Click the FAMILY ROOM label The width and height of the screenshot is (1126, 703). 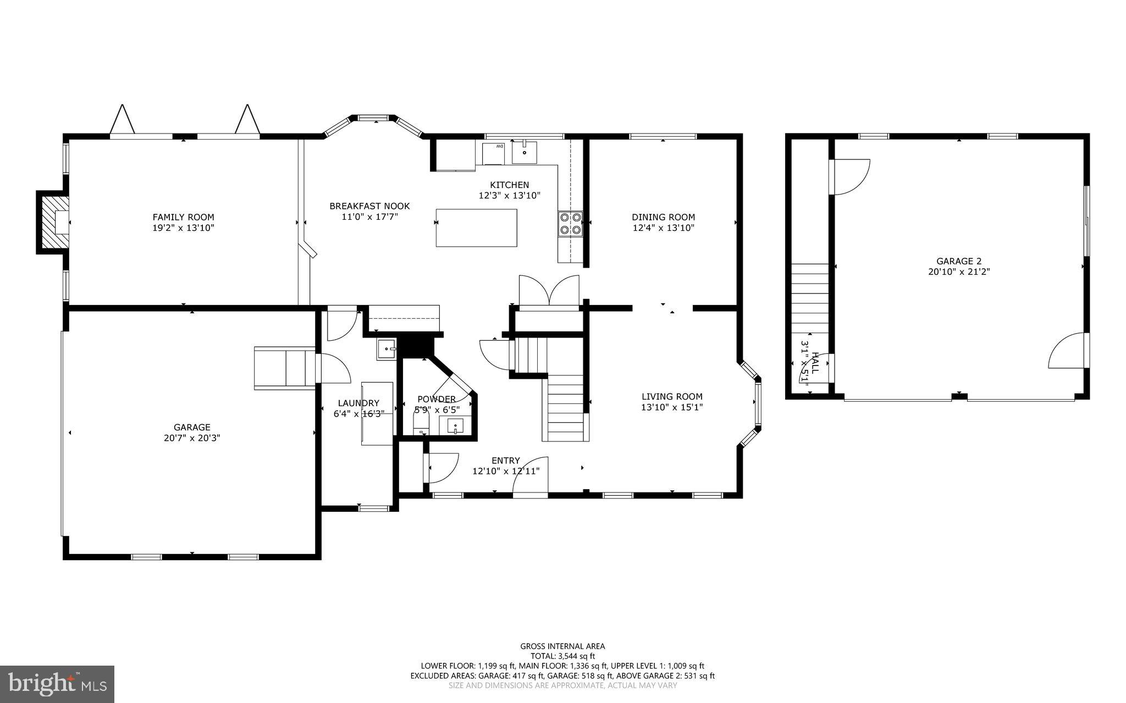pyautogui.click(x=183, y=217)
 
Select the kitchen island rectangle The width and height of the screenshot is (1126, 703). pyautogui.click(x=476, y=228)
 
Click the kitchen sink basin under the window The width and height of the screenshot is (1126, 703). pyautogui.click(x=525, y=152)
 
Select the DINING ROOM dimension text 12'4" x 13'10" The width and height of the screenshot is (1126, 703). pyautogui.click(x=663, y=228)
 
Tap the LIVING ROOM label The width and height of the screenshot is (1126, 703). pyautogui.click(x=672, y=396)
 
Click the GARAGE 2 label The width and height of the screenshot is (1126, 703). pyautogui.click(x=959, y=261)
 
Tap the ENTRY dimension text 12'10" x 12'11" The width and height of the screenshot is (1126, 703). pyautogui.click(x=506, y=471)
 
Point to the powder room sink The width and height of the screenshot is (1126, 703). pyautogui.click(x=455, y=425)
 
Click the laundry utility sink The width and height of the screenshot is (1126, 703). pyautogui.click(x=386, y=349)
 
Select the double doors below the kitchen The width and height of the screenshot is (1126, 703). pyautogui.click(x=549, y=290)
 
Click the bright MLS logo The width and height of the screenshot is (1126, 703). pyautogui.click(x=57, y=684)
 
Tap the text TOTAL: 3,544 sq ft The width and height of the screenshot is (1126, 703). pyautogui.click(x=562, y=656)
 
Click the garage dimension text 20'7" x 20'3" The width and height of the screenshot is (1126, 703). pyautogui.click(x=192, y=438)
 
